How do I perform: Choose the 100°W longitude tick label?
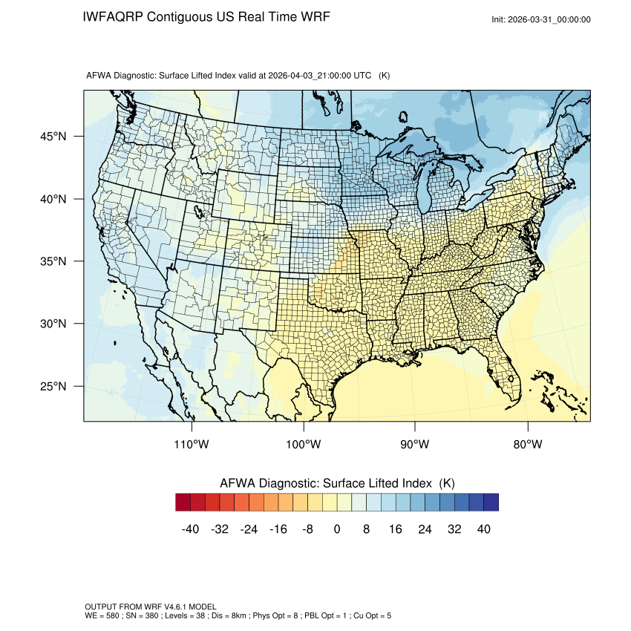point(304,445)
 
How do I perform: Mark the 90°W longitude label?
point(415,445)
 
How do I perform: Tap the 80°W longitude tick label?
point(527,445)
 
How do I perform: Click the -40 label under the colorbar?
point(191,529)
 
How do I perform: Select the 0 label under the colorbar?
point(337,529)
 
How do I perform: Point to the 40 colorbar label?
point(483,529)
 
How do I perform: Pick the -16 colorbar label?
point(278,529)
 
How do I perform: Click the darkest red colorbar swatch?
point(183,503)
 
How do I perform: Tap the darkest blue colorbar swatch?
point(491,503)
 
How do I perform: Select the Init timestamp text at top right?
point(541,19)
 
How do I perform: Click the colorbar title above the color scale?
point(337,483)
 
